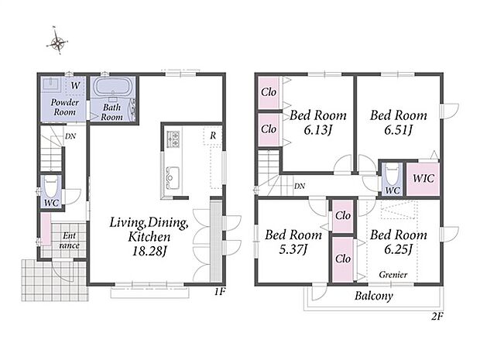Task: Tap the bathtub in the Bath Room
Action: pos(113,87)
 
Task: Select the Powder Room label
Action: pos(65,107)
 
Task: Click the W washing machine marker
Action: pos(75,85)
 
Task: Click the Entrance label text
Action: pos(69,241)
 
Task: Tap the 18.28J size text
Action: pos(149,251)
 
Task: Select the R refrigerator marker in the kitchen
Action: pos(213,135)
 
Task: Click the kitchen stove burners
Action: pos(173,138)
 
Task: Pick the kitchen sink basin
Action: pos(173,177)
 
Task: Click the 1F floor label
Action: pos(220,292)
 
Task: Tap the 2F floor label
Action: pos(437,317)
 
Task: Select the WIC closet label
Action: pos(423,178)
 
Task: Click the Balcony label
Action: pos(374,296)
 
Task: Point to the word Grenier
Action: pos(393,275)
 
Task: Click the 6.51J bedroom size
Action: pos(398,131)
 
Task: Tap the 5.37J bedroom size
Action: pos(293,250)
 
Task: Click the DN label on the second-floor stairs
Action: pos(300,186)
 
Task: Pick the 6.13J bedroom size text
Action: pos(317,131)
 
